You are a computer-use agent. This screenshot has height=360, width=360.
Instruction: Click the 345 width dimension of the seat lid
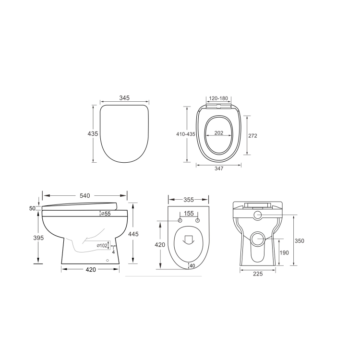(124, 98)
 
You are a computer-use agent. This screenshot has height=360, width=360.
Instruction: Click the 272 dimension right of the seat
(252, 136)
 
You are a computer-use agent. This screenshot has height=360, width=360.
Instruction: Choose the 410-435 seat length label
(185, 134)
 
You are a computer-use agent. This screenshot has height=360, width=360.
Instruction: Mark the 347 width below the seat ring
(218, 169)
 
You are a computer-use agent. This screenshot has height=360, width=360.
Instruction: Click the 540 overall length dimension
(84, 195)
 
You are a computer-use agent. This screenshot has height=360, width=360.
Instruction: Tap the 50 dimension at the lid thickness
(33, 208)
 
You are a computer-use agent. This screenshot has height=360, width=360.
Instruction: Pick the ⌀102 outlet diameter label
(102, 246)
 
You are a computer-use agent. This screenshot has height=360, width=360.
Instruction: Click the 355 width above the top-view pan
(188, 200)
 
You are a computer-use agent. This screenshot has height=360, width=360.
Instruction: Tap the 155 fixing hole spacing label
(189, 214)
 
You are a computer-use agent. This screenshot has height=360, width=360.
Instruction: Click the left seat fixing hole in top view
(180, 220)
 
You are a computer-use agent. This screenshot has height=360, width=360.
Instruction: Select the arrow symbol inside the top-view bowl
(188, 238)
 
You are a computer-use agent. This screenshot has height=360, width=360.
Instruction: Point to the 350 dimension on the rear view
(300, 240)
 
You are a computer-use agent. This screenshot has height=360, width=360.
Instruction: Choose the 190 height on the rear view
(285, 252)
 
